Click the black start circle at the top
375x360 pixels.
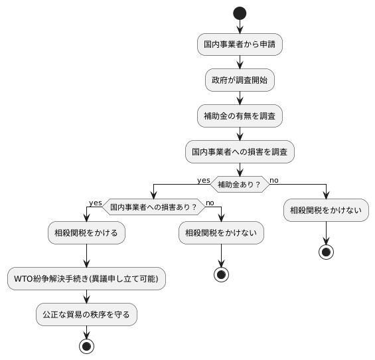coord(240,13)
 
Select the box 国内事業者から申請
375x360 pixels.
coord(240,45)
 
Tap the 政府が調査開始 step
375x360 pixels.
coord(240,80)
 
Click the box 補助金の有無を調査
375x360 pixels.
coord(240,116)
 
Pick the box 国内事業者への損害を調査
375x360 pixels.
coord(240,152)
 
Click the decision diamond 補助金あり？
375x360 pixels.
coord(240,184)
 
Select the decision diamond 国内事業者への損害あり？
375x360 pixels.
coord(153,207)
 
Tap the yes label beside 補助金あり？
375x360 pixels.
coord(203,179)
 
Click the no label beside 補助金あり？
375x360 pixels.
coord(274,179)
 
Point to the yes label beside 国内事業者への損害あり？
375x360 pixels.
coord(95,202)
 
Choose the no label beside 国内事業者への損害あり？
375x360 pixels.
coord(210,202)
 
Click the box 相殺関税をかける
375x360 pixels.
coord(86,233)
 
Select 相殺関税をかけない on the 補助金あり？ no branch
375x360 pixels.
coord(327,211)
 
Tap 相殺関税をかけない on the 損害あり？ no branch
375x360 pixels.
coord(221,233)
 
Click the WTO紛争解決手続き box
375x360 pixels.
coord(86,278)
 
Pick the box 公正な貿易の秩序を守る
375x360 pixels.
coord(86,314)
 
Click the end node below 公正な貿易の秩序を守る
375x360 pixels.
coord(86,345)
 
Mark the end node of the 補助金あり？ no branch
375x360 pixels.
coord(327,252)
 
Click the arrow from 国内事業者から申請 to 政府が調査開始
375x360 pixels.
coord(240,62)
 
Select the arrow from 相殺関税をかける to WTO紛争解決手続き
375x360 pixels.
coord(86,256)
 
